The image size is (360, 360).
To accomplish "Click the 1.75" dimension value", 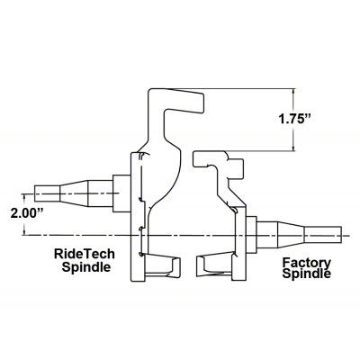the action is (x=293, y=120).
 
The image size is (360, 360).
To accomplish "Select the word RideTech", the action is (x=85, y=254).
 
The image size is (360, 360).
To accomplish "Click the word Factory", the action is (x=307, y=263).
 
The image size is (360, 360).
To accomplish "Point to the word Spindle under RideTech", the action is (x=86, y=266).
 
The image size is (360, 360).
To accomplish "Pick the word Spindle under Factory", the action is (x=307, y=274).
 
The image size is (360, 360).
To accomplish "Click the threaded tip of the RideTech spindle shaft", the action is (x=48, y=193).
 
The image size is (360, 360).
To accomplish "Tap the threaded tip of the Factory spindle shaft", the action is (x=323, y=235).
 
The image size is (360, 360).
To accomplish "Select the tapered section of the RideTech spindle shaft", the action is (x=74, y=193).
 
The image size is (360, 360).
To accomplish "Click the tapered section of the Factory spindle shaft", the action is (x=291, y=235).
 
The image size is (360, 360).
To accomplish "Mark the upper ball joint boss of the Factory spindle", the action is (x=218, y=164).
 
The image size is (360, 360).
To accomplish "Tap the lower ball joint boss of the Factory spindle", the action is (x=214, y=266).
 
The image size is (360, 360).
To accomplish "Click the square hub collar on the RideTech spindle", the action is (x=121, y=193).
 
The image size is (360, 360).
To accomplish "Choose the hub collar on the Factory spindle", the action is (x=252, y=235).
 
